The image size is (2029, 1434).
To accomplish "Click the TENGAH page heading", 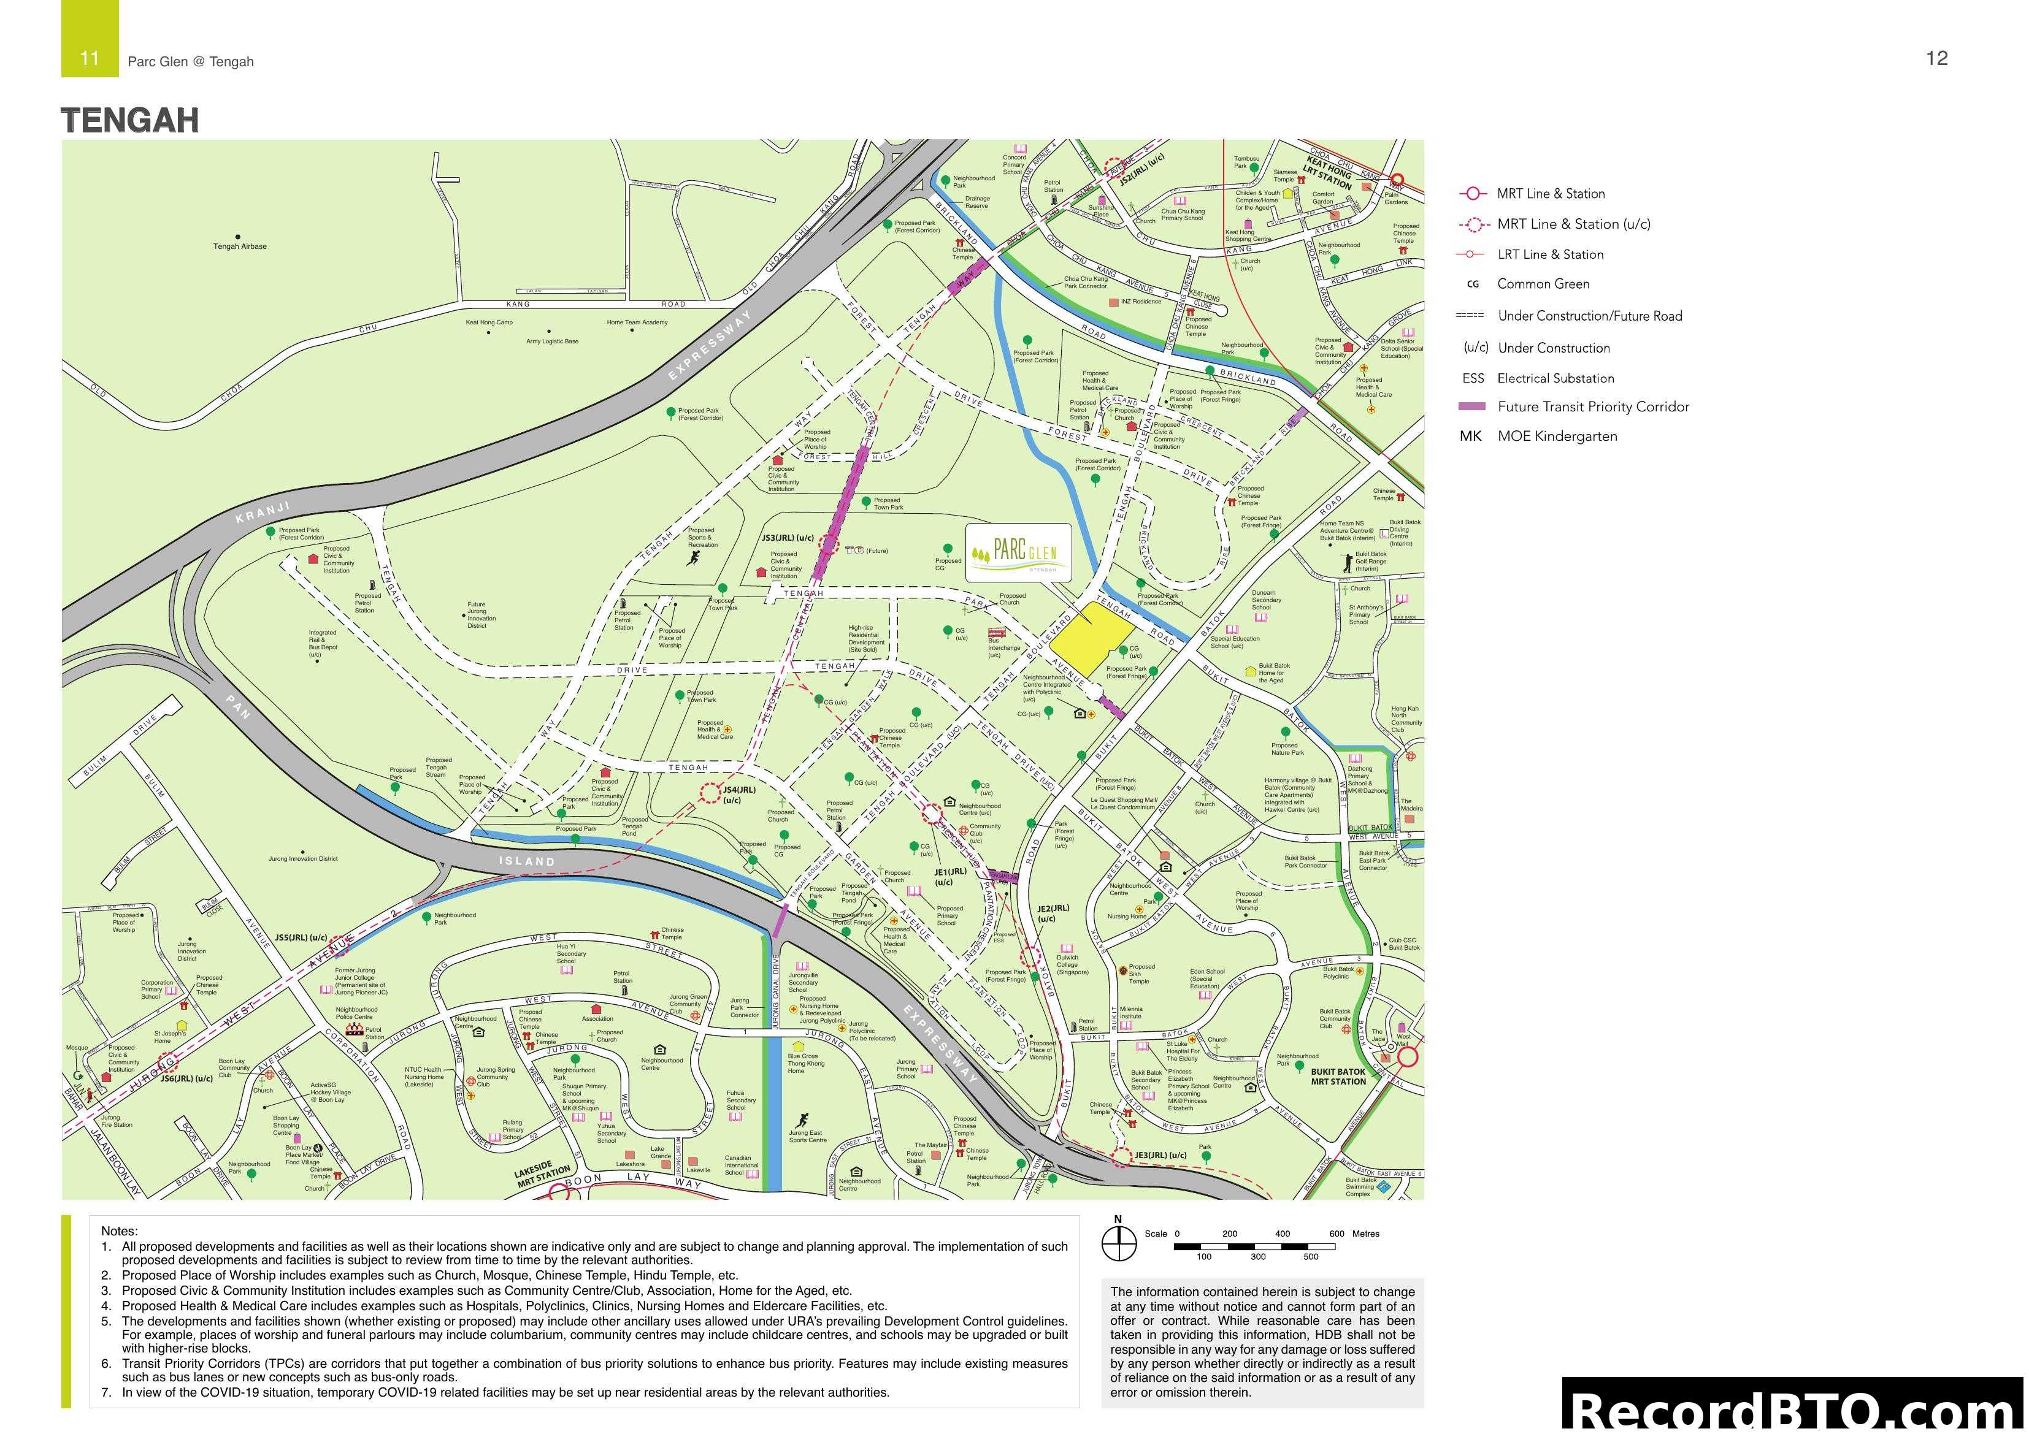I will click(130, 120).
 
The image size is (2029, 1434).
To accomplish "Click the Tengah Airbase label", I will click(239, 246).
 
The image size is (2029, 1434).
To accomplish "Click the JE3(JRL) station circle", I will click(1121, 1156).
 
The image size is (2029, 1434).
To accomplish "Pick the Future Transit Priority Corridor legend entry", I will click(1592, 406).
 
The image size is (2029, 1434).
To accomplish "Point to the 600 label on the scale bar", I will click(1336, 1234).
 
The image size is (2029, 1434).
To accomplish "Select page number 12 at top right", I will click(1936, 58).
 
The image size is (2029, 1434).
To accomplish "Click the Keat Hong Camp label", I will click(489, 322).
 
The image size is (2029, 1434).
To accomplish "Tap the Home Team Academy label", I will click(637, 322).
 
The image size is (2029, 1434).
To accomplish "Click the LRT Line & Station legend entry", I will click(1549, 254).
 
